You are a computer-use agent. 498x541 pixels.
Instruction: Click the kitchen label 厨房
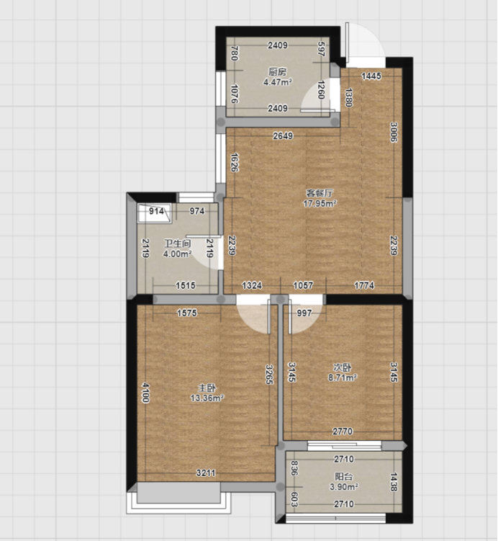click(278, 72)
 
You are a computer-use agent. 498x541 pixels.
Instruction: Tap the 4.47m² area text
click(278, 82)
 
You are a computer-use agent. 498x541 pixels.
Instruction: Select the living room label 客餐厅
click(320, 193)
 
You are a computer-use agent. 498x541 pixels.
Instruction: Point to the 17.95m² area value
click(320, 203)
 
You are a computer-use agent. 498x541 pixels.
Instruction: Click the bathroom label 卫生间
click(178, 243)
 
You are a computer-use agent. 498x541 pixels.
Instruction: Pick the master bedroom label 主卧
click(207, 388)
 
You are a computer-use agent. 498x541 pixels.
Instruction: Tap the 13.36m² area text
click(207, 398)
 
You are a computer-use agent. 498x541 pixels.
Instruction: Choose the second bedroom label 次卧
click(343, 367)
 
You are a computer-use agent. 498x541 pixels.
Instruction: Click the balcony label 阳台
click(344, 477)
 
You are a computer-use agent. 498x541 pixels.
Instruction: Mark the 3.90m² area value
click(344, 487)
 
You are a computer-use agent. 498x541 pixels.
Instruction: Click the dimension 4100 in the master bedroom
click(145, 393)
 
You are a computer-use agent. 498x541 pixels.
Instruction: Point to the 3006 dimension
click(394, 132)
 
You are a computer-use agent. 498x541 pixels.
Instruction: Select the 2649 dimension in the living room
click(283, 136)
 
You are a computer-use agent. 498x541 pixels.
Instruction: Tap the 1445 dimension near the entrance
click(371, 76)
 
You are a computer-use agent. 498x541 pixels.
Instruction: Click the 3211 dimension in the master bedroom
click(206, 473)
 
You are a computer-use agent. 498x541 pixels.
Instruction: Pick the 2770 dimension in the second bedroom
click(343, 432)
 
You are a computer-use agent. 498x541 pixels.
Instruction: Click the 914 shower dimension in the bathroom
click(156, 211)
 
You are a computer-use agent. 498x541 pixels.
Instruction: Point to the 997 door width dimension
click(304, 313)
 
